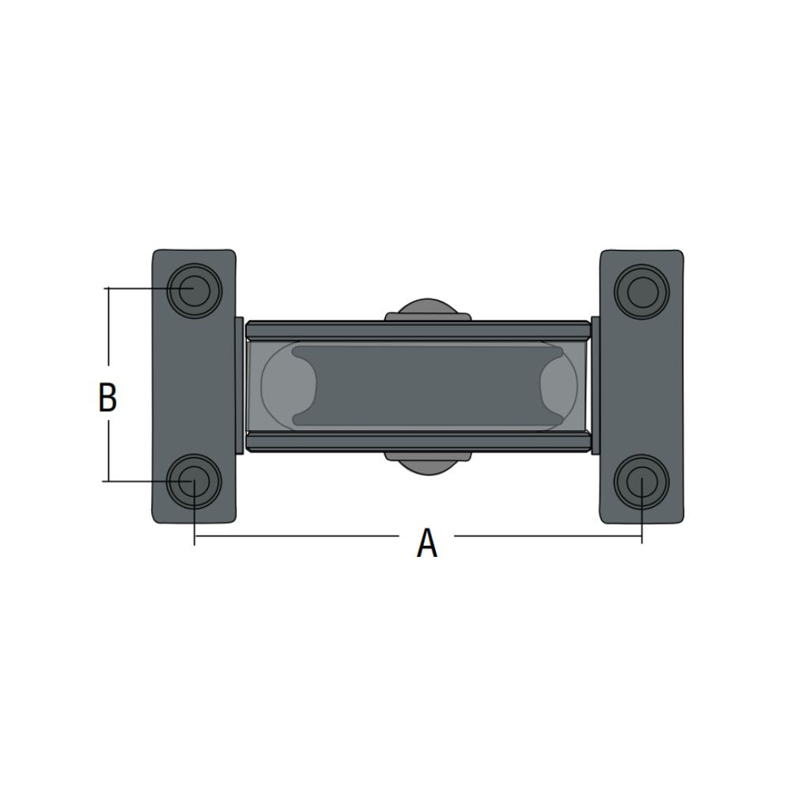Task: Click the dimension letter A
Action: coord(427,543)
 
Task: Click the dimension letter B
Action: coord(108,398)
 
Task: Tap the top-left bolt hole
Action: coord(195,290)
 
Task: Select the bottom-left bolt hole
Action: coord(195,481)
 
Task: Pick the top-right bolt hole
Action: coord(642,292)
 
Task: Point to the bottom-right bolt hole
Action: coord(642,482)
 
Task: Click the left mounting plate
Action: coord(195,387)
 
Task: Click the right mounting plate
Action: coord(642,387)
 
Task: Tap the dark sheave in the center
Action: coord(428,386)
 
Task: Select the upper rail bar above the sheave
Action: coord(418,330)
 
